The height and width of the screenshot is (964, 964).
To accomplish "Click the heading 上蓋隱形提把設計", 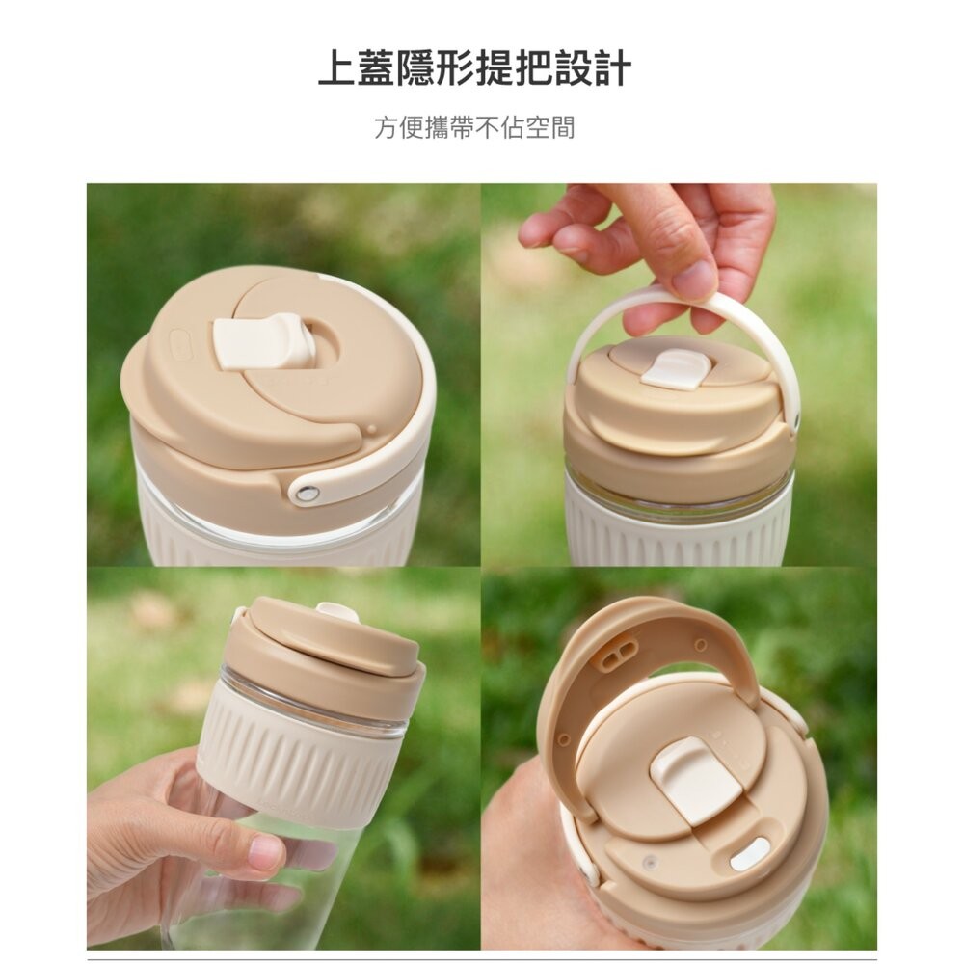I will (x=474, y=69).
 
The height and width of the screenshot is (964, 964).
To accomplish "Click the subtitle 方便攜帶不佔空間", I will (x=474, y=127).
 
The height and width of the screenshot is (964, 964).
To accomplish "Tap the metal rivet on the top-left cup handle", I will (x=308, y=494).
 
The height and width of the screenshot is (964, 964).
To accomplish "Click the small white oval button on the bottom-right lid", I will (x=750, y=853).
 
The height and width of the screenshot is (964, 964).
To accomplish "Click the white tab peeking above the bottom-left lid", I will (x=336, y=610).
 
